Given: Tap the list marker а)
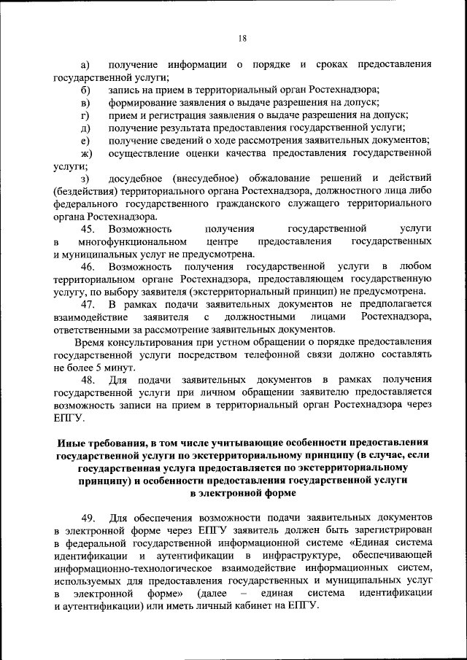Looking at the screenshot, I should tap(85, 65).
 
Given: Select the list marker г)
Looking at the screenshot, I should tap(85, 115).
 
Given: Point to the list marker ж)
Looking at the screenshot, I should tap(86, 153).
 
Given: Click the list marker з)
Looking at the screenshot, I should tap(85, 179).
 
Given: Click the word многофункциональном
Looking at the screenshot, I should tap(129, 241).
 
